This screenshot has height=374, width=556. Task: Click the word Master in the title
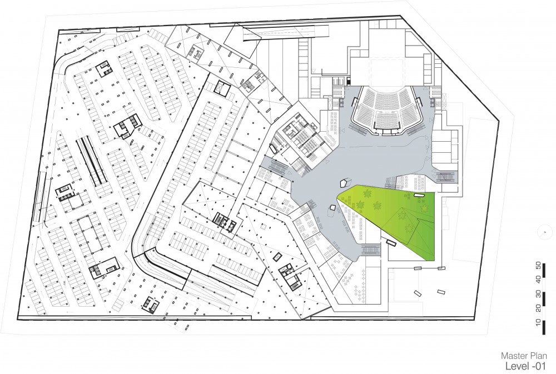pos(513,356)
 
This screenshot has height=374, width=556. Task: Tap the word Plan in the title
pos(537,356)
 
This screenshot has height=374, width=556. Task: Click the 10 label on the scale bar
pos(538,322)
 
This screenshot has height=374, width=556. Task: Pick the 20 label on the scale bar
pos(538,308)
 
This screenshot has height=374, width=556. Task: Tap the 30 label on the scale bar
pos(538,294)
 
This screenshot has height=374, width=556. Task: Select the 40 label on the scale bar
pos(538,280)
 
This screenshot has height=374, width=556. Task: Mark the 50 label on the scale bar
pos(538,265)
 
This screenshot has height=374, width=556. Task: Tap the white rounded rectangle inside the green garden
pos(419,195)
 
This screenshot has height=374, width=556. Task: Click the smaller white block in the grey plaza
pos(332,209)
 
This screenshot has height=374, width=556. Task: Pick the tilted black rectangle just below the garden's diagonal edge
pos(391,243)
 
